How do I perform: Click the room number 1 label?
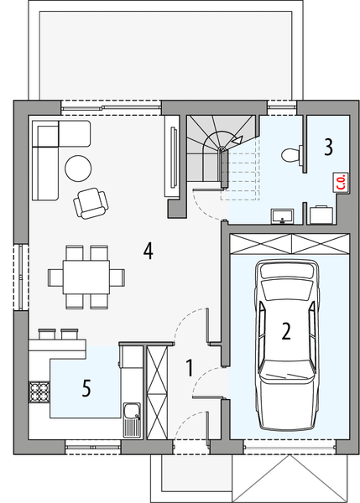click(190, 367)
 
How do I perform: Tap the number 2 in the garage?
click(286, 331)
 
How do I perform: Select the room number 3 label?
click(329, 147)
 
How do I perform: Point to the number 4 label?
click(148, 250)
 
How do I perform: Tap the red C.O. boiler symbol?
click(342, 182)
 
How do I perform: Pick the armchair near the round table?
click(90, 200)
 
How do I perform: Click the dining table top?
click(80, 275)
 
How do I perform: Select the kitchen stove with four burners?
click(39, 391)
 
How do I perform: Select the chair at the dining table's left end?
click(43, 275)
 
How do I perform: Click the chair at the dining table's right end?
click(117, 275)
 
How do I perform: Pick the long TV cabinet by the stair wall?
click(172, 158)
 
